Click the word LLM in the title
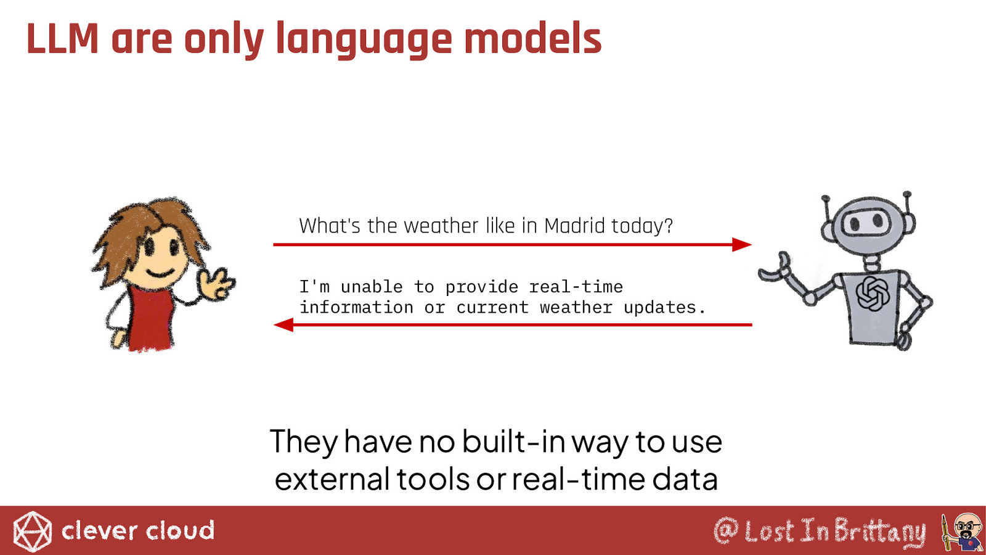click(62, 39)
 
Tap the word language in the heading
click(364, 40)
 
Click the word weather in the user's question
click(440, 226)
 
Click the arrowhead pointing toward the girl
click(283, 324)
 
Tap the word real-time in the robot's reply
click(576, 287)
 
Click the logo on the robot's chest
click(872, 294)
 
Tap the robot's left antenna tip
click(825, 199)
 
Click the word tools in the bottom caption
click(433, 479)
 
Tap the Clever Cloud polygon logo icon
click(32, 532)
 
